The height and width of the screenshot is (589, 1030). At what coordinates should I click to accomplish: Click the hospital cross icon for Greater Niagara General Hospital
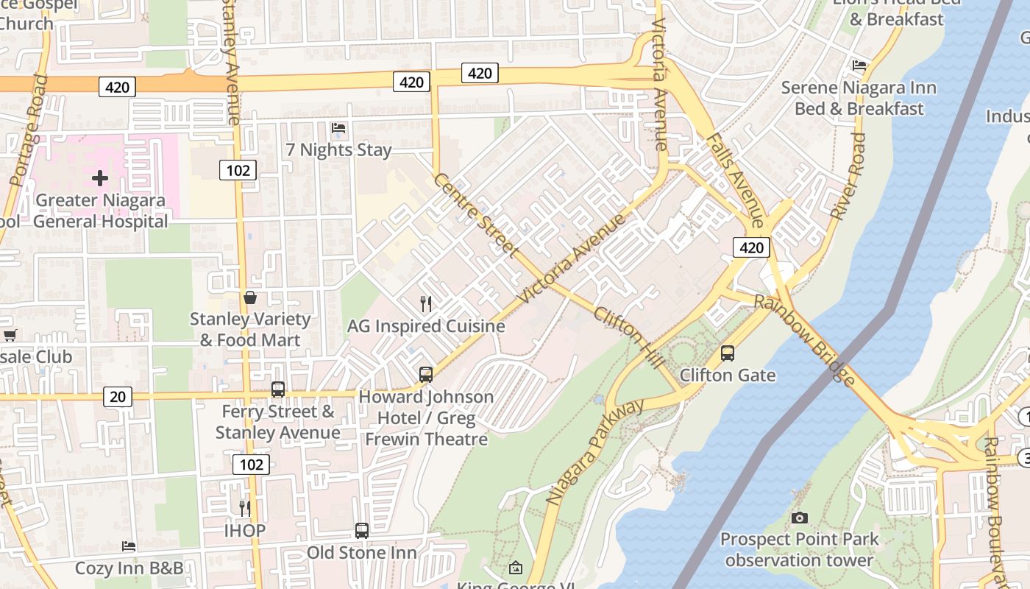pyautogui.click(x=100, y=178)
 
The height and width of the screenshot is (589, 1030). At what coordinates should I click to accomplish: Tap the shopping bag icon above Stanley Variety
pyautogui.click(x=250, y=298)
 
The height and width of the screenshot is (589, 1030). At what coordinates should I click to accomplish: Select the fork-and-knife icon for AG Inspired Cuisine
pyautogui.click(x=425, y=303)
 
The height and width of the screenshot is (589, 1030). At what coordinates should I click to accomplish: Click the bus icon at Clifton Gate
pyautogui.click(x=728, y=353)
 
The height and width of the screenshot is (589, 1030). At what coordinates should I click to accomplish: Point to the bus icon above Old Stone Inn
pyautogui.click(x=361, y=530)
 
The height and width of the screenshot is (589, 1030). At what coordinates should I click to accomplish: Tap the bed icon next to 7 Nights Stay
pyautogui.click(x=338, y=128)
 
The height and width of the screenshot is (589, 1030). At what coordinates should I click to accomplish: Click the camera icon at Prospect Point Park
pyautogui.click(x=800, y=518)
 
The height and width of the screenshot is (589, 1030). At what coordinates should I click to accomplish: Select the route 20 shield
pyautogui.click(x=117, y=397)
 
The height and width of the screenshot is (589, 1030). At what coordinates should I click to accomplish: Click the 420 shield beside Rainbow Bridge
pyautogui.click(x=751, y=247)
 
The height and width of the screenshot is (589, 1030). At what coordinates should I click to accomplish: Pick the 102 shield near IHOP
pyautogui.click(x=251, y=464)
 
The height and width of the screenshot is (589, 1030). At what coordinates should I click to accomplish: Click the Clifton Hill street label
pyautogui.click(x=629, y=339)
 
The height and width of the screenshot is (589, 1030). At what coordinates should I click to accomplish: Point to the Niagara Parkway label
pyautogui.click(x=595, y=451)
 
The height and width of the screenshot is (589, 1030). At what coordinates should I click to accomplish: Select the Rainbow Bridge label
pyautogui.click(x=806, y=340)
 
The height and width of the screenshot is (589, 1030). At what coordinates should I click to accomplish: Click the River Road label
pyautogui.click(x=848, y=177)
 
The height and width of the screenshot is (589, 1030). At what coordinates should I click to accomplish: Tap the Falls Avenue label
pyautogui.click(x=735, y=180)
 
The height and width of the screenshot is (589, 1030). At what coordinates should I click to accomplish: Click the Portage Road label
pyautogui.click(x=28, y=130)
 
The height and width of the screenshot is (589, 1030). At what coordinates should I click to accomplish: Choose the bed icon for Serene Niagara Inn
pyautogui.click(x=859, y=66)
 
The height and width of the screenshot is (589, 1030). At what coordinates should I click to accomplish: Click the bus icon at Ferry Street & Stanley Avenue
pyautogui.click(x=278, y=389)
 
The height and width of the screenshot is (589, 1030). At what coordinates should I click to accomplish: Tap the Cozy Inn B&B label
pyautogui.click(x=129, y=568)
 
